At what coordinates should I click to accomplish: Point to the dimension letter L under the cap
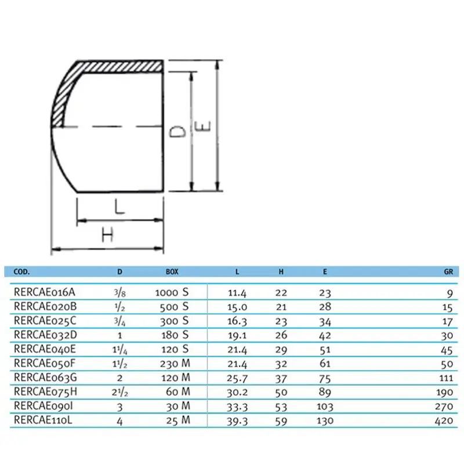(119, 208)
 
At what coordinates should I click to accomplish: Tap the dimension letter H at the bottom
(108, 235)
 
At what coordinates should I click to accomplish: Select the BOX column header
(172, 271)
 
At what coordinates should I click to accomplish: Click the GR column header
(448, 271)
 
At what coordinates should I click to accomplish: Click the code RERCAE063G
(45, 378)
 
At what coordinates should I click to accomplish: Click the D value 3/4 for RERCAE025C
(119, 321)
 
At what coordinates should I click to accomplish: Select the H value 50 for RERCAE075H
(280, 393)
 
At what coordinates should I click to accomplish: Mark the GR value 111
(445, 378)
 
